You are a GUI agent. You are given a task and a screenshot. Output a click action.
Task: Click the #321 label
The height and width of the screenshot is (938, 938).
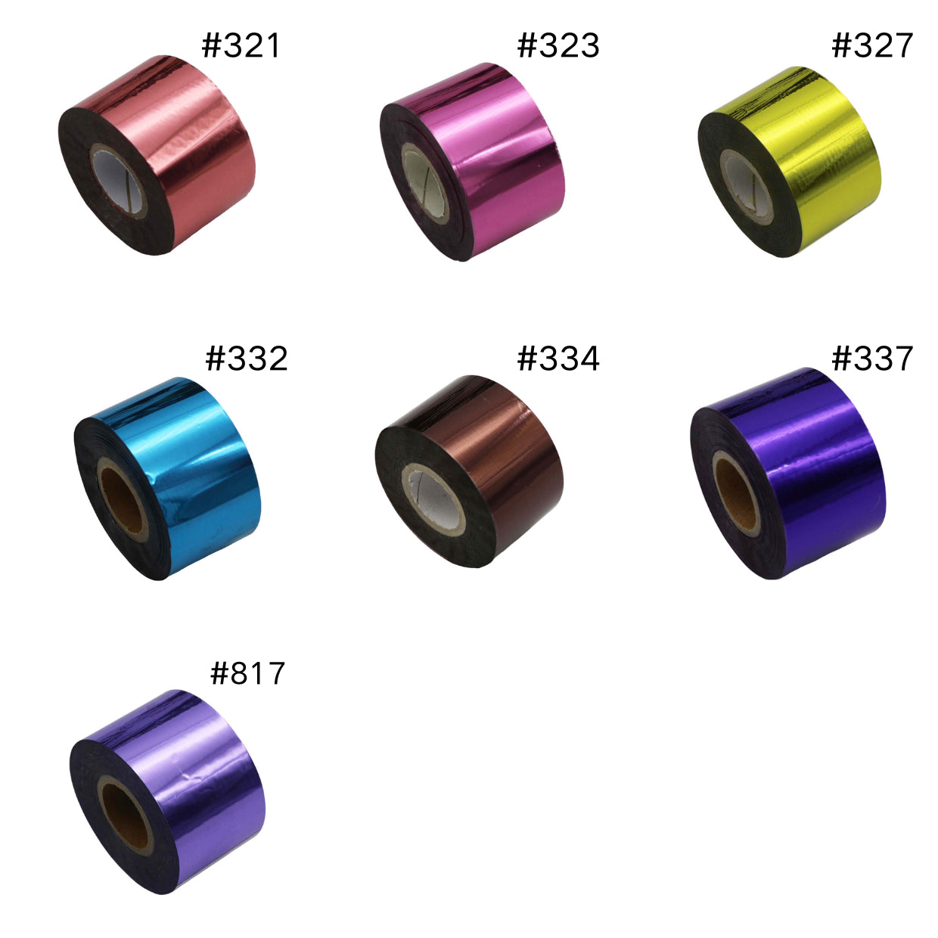[241, 45]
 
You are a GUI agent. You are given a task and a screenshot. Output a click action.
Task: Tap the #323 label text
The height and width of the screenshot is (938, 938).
[558, 45]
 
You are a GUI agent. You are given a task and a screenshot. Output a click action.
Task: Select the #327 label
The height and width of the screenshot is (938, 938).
[871, 45]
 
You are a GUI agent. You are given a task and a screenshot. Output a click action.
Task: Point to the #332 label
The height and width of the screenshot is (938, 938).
[247, 359]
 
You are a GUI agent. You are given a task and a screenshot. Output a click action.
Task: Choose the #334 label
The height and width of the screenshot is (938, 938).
[558, 359]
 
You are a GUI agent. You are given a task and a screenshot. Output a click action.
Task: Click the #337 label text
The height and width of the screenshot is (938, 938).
[871, 359]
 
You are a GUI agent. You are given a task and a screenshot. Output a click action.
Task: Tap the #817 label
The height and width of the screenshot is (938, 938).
[247, 673]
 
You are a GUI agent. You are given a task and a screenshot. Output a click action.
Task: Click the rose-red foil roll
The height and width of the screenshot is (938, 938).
[157, 155]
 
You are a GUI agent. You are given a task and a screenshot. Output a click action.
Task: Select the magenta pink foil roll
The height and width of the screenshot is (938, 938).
[472, 162]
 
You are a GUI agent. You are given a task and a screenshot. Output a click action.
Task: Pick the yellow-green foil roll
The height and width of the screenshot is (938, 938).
[789, 162]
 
